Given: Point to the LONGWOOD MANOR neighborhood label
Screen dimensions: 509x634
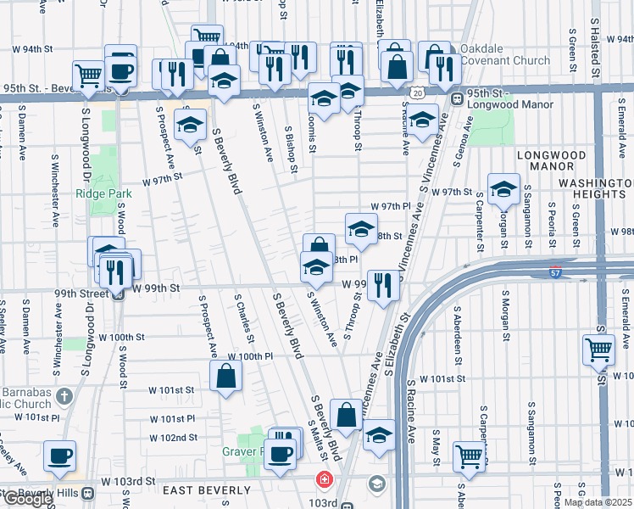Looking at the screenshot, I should coord(551,161).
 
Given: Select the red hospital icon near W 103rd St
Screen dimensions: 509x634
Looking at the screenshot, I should coord(323,480).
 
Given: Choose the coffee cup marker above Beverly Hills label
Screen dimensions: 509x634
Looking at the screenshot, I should coord(58,456).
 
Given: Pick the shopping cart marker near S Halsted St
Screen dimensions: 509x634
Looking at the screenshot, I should coord(598,348).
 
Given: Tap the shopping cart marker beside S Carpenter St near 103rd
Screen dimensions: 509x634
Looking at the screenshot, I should coord(468,456).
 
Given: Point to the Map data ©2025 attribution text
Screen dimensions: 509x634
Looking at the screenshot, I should coord(597,502).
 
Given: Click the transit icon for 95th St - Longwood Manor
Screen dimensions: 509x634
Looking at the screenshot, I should coord(457,98).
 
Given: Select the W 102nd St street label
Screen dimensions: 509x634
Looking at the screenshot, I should coord(173,438).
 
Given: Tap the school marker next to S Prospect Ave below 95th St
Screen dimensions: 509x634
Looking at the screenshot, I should coord(191,124).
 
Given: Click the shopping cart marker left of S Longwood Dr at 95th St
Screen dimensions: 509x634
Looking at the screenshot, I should coord(88,75).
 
